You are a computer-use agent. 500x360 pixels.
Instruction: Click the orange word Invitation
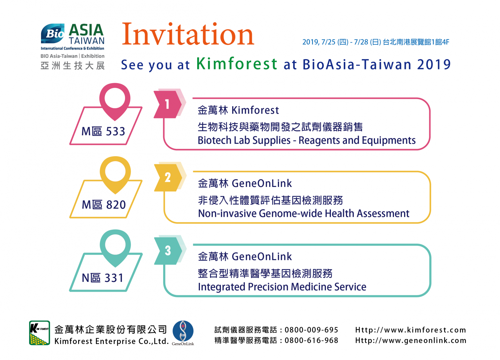188,34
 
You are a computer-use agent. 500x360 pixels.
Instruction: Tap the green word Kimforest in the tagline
237,64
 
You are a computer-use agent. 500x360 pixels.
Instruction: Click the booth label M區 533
103,131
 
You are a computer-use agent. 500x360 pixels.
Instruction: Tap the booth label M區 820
104,204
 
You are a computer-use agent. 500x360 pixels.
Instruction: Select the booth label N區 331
102,278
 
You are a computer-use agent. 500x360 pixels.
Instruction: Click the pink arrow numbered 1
167,104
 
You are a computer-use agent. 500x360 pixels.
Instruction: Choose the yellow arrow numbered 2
168,178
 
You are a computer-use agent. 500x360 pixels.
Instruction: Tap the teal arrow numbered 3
168,251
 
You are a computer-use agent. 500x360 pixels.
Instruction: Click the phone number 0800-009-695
311,330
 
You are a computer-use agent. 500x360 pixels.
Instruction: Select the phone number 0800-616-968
311,340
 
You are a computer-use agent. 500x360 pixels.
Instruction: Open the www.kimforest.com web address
411,330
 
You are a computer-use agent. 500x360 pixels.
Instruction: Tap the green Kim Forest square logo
39,333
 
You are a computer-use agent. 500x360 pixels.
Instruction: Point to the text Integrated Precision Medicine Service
282,287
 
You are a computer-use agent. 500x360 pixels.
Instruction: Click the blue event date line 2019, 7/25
376,42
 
